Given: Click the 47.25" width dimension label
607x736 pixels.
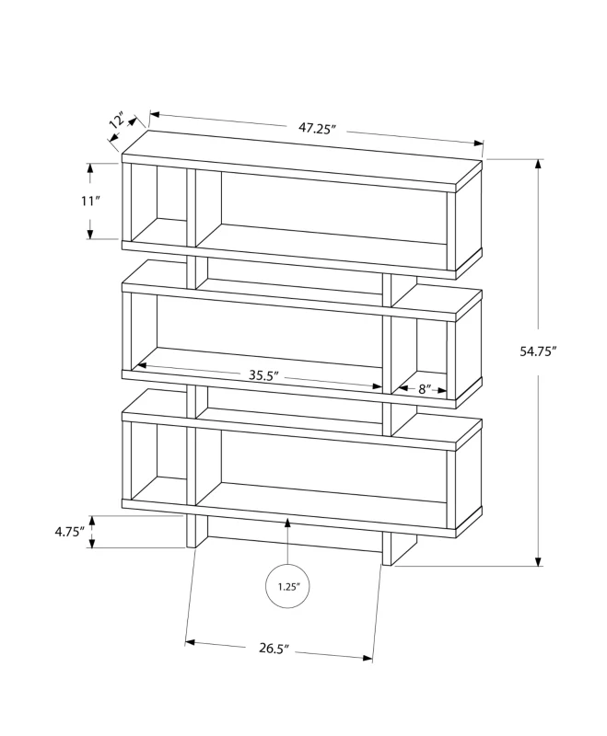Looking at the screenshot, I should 315,129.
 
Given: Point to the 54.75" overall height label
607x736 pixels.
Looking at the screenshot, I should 563,351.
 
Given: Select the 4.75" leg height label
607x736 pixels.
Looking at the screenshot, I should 69,532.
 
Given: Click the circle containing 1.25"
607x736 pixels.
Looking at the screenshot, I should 288,585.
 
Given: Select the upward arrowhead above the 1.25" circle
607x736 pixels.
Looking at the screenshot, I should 288,523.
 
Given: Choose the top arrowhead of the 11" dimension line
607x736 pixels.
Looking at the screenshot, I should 90,168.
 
